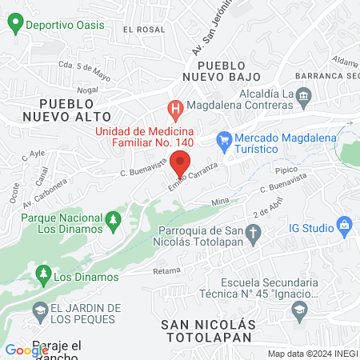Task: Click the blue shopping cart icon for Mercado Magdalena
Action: [x=225, y=139]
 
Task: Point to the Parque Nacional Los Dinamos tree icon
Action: [x=113, y=218]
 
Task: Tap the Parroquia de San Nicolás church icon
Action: [x=254, y=234]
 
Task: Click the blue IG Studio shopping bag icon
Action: [x=344, y=226]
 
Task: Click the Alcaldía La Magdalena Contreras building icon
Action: [x=303, y=97]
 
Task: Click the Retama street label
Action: [x=166, y=271]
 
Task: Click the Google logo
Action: [x=26, y=350]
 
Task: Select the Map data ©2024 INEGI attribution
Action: [x=312, y=354]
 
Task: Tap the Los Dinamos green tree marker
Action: [x=42, y=278]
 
